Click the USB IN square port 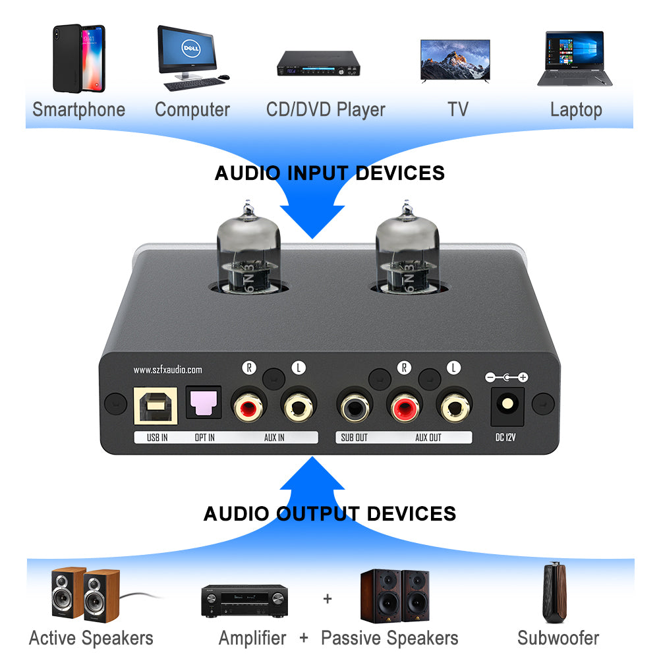155,404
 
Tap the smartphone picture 78,58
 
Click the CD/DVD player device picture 318,63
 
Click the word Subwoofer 558,638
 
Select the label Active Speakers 91,638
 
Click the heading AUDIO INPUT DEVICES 329,173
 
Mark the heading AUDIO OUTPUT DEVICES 329,513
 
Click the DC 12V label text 505,436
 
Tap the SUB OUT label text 354,437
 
